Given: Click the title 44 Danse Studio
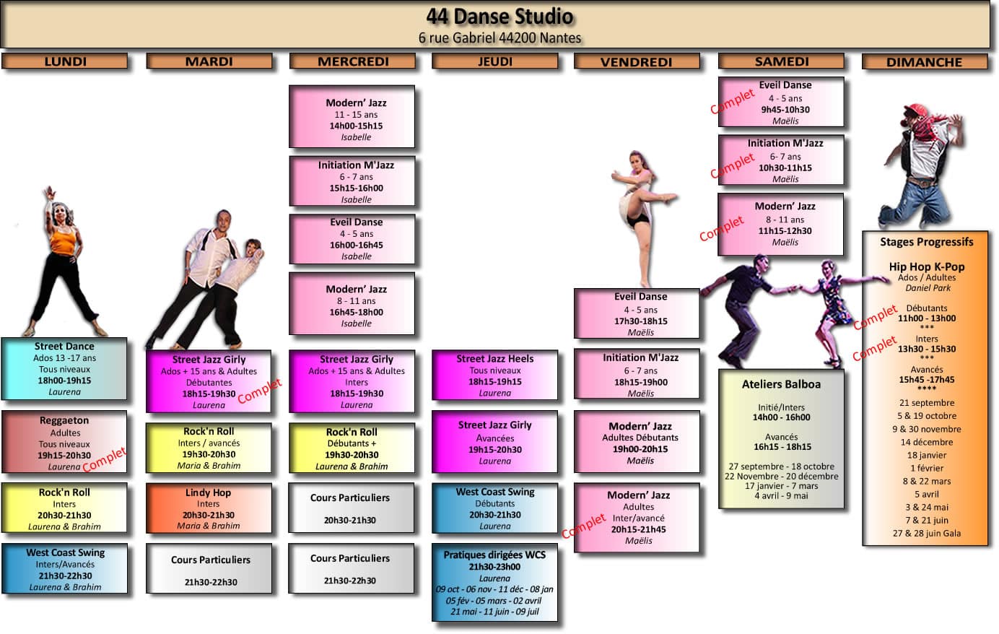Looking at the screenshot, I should [499, 17].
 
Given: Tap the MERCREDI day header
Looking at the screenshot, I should [353, 61].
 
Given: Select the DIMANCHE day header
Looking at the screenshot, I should [924, 62].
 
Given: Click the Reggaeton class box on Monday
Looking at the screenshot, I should [64, 442].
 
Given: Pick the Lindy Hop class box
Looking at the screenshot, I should [208, 508].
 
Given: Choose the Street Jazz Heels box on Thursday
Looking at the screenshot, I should [494, 375].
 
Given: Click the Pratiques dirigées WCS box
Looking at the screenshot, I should [494, 583].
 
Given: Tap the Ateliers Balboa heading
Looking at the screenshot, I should [781, 384].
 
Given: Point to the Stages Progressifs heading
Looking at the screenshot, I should [926, 242].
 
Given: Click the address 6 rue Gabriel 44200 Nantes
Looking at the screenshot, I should [499, 38].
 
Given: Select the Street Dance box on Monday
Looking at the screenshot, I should [64, 368].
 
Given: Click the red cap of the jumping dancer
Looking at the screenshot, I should [915, 109].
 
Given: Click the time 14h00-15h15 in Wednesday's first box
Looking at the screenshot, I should [356, 126].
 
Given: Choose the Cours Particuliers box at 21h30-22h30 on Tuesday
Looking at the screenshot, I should [209, 569].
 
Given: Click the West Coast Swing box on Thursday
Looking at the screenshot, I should [494, 508].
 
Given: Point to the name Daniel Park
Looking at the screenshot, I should [928, 287].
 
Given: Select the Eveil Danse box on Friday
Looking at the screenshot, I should [637, 313].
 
